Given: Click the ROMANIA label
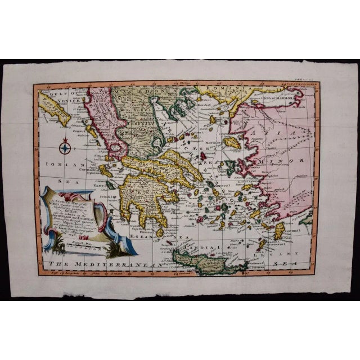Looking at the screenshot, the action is coord(224,89).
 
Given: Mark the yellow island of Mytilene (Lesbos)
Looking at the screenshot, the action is coord(231,143).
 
